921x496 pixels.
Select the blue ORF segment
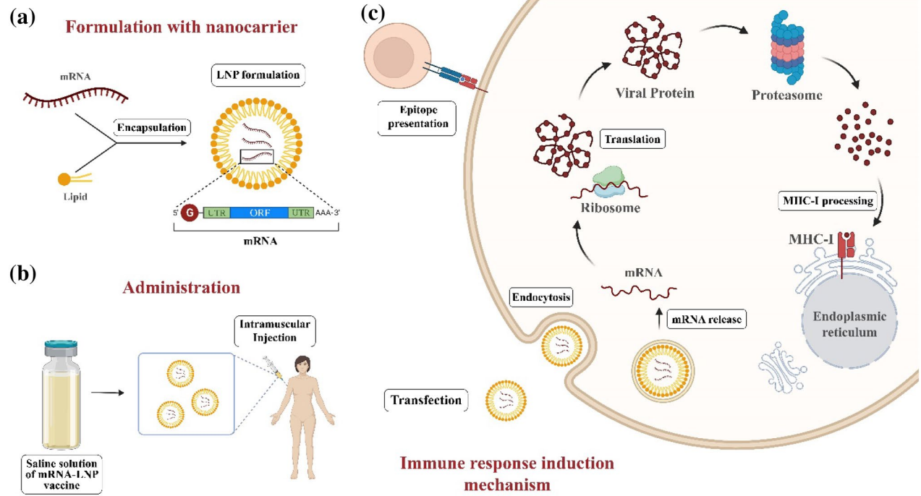(266, 213)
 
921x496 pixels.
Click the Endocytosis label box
(540, 296)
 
